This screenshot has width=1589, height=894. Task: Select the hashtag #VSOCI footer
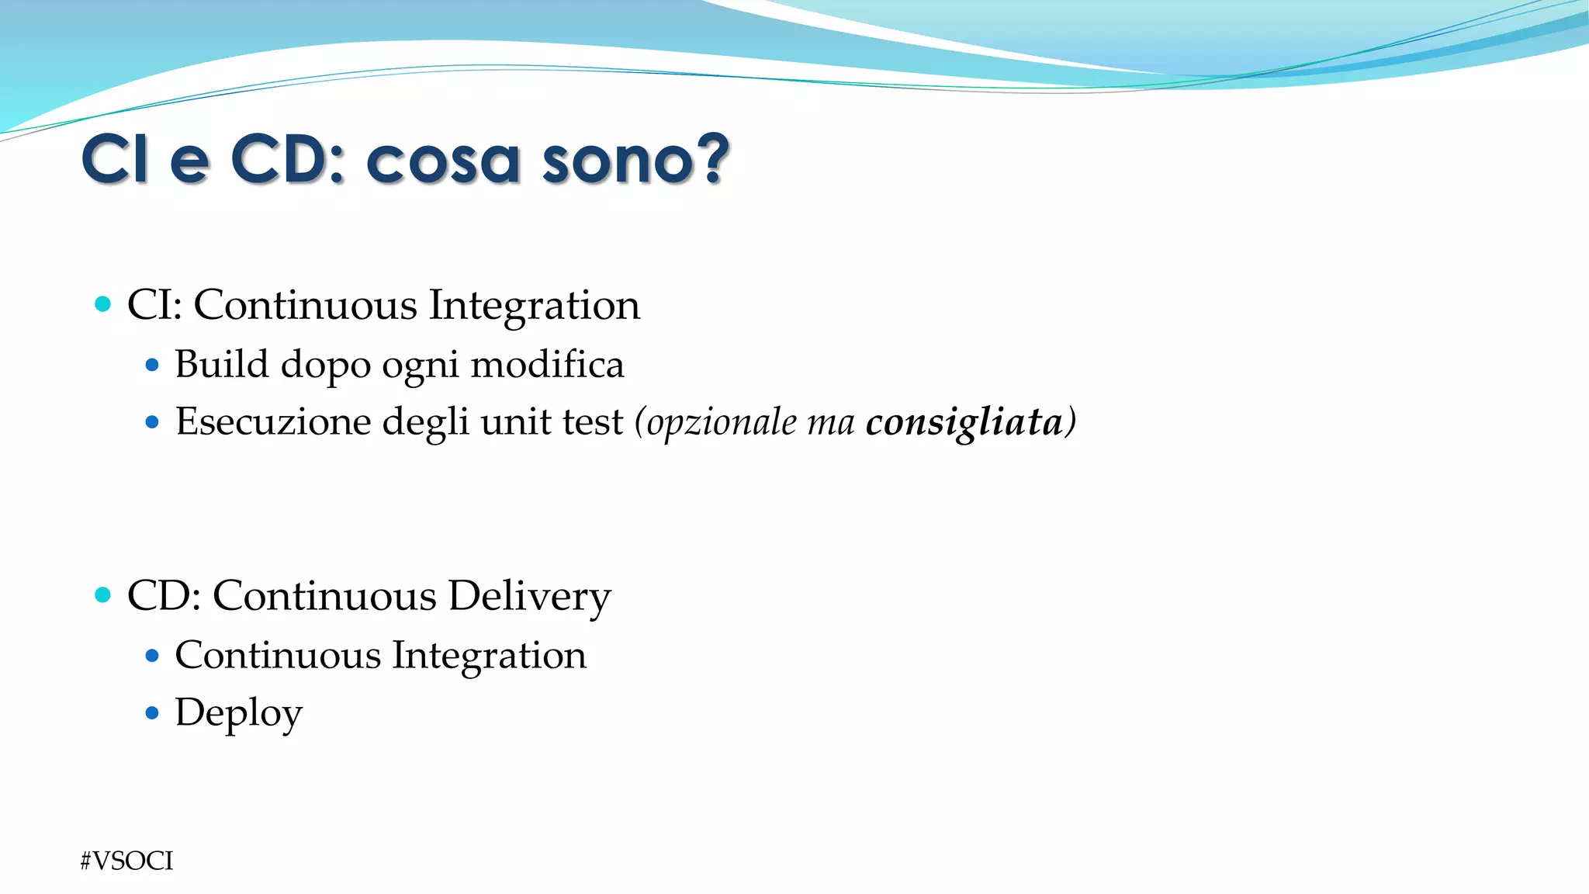126,861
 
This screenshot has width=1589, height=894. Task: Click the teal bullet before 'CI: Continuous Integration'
102,303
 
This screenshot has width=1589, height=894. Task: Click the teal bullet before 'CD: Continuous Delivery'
102,595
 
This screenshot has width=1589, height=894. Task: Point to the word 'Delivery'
529,597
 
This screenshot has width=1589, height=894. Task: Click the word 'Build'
221,364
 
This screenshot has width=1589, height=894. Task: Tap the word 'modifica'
547,364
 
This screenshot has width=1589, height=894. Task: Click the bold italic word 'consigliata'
964,422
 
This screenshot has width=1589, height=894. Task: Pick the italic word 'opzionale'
722,423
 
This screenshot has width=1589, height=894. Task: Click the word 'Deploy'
238,713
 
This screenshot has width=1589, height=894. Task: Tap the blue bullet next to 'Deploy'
152,712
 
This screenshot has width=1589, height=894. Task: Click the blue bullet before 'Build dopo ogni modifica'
152,364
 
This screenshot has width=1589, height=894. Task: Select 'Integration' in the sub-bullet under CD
489,656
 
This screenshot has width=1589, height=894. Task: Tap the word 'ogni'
421,366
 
